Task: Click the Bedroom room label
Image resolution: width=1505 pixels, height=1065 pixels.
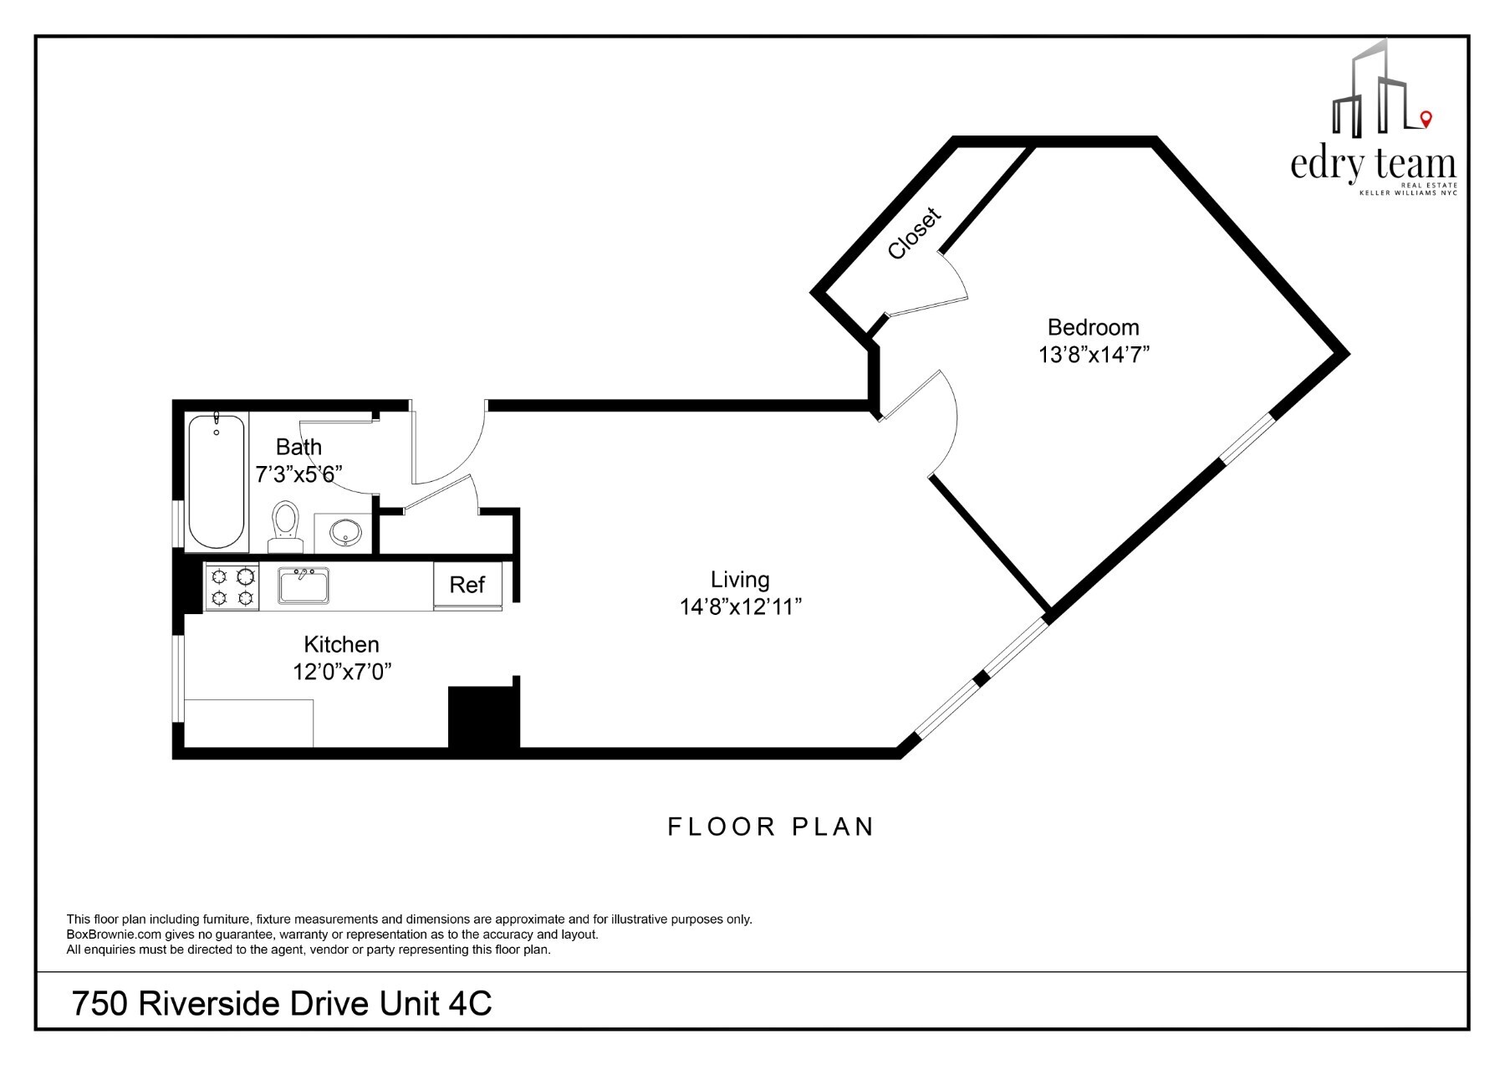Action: [x=1093, y=327]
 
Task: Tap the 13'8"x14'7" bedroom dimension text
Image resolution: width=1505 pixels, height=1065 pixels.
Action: [x=1094, y=355]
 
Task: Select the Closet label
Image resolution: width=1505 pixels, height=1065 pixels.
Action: [x=914, y=233]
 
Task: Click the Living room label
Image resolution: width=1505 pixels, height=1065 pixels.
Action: [x=739, y=579]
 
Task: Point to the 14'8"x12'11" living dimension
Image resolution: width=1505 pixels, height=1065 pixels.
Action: [x=741, y=607]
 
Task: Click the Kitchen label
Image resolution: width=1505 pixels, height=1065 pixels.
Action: [x=341, y=644]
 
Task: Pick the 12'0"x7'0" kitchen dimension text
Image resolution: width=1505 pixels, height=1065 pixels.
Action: [x=342, y=672]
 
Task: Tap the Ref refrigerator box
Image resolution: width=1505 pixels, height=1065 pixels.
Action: [x=467, y=585]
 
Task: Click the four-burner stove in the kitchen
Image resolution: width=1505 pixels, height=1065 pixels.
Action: [x=232, y=586]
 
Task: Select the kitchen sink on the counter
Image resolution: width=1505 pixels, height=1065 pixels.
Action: [x=304, y=585]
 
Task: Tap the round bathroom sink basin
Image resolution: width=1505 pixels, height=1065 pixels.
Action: [x=344, y=531]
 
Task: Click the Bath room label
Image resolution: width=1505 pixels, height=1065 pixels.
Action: [x=298, y=447]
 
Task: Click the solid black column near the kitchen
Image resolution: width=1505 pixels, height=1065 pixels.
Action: [x=483, y=717]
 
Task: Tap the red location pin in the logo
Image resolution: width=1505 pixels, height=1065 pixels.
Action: [x=1426, y=118]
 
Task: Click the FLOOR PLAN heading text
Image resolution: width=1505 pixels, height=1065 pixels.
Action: [x=770, y=827]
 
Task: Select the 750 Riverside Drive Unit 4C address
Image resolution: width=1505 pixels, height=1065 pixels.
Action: [x=282, y=1002]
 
